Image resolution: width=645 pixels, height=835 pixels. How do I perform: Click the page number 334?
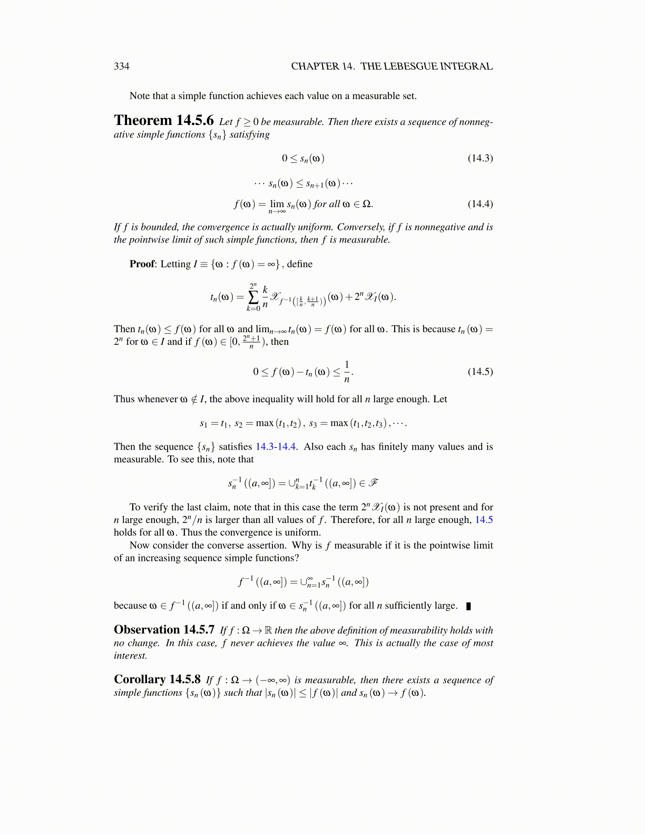(121, 66)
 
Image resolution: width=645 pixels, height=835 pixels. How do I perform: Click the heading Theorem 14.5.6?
(164, 121)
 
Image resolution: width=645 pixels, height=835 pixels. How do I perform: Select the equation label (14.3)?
(480, 158)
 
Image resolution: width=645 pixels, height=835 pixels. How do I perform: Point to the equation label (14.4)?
(480, 204)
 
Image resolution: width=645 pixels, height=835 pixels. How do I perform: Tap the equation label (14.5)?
(480, 372)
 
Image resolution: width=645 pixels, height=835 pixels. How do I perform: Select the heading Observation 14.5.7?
(164, 630)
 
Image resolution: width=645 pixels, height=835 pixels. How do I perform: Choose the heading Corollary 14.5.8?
(157, 679)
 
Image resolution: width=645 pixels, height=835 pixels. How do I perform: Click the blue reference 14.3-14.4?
(276, 447)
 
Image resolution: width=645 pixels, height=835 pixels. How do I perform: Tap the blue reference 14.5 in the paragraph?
(484, 520)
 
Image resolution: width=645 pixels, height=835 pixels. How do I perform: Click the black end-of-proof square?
(468, 606)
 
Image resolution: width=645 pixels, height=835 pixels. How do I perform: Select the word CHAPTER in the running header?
(315, 66)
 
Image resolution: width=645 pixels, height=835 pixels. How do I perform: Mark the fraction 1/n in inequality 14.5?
(347, 372)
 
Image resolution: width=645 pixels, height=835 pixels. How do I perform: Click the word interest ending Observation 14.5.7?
(130, 656)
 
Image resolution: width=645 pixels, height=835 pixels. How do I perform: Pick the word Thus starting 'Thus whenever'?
(124, 399)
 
